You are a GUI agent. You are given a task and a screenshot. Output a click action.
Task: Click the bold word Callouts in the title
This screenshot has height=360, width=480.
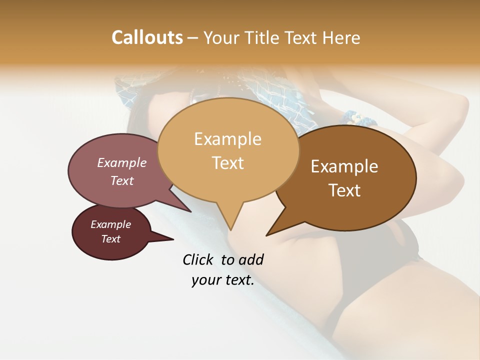pyautogui.click(x=147, y=37)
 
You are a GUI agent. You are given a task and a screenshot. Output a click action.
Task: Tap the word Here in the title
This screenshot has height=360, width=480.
pyautogui.click(x=340, y=37)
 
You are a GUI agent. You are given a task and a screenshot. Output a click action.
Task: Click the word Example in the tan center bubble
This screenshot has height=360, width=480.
pyautogui.click(x=227, y=139)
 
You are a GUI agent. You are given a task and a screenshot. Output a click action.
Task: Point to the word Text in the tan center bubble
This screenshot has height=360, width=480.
pyautogui.click(x=227, y=163)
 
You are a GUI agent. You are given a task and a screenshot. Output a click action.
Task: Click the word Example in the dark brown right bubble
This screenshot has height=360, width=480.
pyautogui.click(x=344, y=166)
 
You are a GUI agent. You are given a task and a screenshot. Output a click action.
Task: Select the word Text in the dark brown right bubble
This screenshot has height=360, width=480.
pyautogui.click(x=344, y=190)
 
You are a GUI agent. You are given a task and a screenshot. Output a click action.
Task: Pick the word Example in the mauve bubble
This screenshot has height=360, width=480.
pyautogui.click(x=121, y=163)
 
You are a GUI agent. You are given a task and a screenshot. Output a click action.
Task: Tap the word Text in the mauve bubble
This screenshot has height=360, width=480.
pyautogui.click(x=121, y=180)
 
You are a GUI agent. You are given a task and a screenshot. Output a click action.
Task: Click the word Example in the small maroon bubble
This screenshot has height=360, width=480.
pyautogui.click(x=110, y=224)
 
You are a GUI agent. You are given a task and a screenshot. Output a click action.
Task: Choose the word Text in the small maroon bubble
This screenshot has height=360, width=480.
pyautogui.click(x=110, y=239)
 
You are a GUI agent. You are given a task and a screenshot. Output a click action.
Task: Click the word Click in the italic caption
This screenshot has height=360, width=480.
pyautogui.click(x=198, y=259)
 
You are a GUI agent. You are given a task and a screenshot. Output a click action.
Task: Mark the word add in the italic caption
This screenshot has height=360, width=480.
pyautogui.click(x=250, y=259)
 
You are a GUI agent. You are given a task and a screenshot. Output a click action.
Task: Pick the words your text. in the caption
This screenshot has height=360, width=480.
pyautogui.click(x=222, y=280)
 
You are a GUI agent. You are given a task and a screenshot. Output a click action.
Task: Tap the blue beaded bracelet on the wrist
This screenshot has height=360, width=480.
pyautogui.click(x=358, y=120)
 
